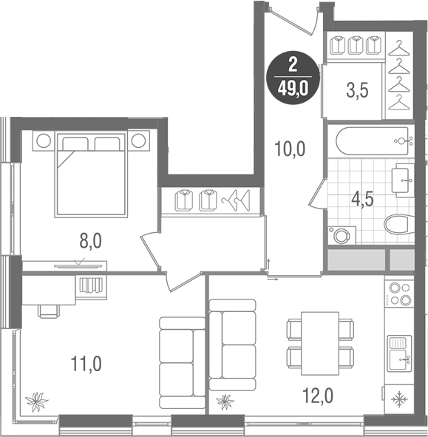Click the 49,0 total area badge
tap(294, 78)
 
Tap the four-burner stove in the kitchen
tap(399, 294)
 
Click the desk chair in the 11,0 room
tap(49, 309)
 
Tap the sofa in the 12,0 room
tap(233, 344)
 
